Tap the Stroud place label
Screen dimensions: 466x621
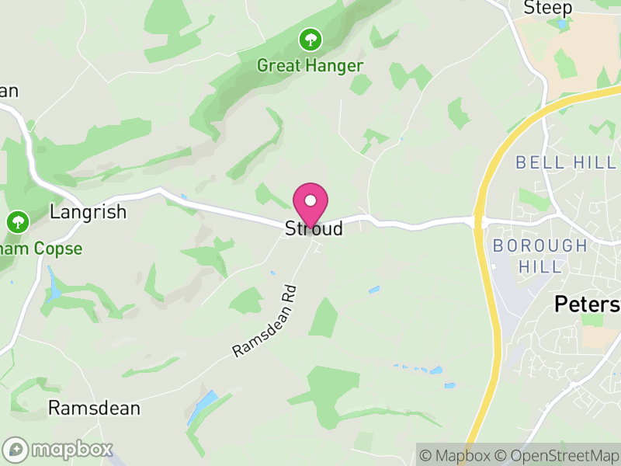click(314, 229)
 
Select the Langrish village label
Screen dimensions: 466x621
click(88, 212)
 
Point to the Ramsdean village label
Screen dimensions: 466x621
click(94, 408)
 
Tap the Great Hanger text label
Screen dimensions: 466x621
click(310, 65)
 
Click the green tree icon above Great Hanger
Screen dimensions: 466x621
click(310, 38)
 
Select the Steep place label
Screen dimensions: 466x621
click(547, 8)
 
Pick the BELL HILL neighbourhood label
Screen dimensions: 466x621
click(566, 162)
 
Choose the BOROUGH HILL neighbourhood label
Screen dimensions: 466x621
click(540, 256)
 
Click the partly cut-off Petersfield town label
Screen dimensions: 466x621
click(587, 304)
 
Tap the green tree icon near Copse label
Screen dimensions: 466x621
click(17, 222)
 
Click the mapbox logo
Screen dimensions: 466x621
click(58, 449)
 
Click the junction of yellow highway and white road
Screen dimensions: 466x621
click(480, 222)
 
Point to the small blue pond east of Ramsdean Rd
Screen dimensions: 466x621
click(374, 290)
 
